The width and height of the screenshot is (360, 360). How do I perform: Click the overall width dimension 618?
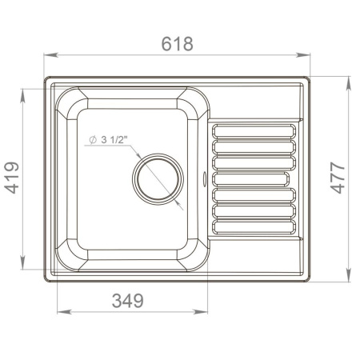point(177,44)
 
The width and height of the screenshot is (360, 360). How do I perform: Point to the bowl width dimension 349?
point(127,301)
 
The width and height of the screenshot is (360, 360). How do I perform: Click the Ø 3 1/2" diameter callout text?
point(112,139)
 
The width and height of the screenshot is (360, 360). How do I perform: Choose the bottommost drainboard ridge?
point(254,226)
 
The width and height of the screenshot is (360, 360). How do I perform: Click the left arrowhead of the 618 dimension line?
point(46,55)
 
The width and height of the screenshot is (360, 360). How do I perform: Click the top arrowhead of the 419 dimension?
point(28,93)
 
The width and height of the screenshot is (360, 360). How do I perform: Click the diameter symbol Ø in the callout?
point(93,139)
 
